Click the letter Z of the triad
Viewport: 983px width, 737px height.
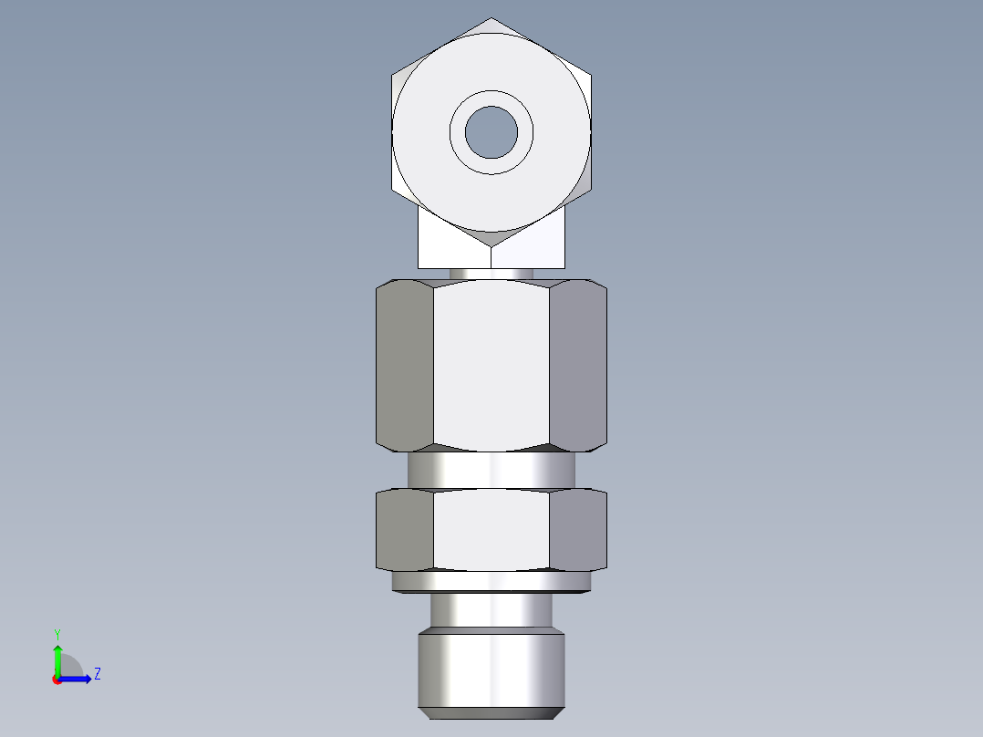(x=97, y=674)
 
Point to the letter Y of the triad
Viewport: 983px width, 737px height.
(x=57, y=633)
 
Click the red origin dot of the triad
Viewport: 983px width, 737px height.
(x=57, y=679)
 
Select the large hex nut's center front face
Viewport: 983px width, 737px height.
(x=491, y=365)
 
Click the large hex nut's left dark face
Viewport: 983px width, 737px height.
(x=404, y=365)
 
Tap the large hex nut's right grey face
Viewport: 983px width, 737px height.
(x=578, y=365)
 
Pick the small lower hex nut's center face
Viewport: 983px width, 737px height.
(x=491, y=531)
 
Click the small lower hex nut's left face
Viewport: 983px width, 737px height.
(x=404, y=531)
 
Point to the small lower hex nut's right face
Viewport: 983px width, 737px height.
(x=578, y=531)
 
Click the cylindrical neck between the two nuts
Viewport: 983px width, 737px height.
(x=491, y=470)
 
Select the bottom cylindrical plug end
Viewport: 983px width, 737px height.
(x=491, y=666)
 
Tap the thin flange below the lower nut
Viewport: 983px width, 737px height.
(x=491, y=581)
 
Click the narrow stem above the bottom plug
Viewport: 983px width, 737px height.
(x=491, y=609)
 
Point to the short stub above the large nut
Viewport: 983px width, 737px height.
(x=491, y=273)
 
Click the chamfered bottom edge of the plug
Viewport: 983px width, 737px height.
(x=491, y=711)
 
